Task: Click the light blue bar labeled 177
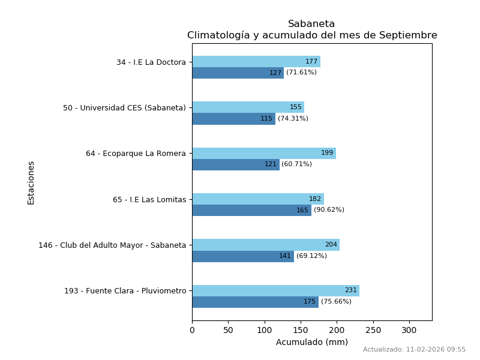pos(256,61)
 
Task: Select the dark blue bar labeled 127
pos(238,73)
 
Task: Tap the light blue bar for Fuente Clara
pos(275,290)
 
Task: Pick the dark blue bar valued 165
pos(251,210)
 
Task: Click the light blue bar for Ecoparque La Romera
pos(264,153)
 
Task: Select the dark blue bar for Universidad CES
pos(233,119)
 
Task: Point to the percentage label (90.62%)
pos(329,210)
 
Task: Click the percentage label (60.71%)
pos(296,164)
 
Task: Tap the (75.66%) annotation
pos(336,302)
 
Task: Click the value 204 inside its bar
pos(331,245)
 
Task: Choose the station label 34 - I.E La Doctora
pos(151,62)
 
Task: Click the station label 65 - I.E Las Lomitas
pos(149,200)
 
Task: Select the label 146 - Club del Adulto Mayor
pos(112,245)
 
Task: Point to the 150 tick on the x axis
pos(301,331)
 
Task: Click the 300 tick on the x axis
pos(409,331)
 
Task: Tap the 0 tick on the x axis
pos(192,331)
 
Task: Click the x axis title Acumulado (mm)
pos(311,342)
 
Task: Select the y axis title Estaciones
pos(31,182)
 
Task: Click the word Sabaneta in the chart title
pos(311,24)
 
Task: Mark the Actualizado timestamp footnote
pos(414,350)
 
